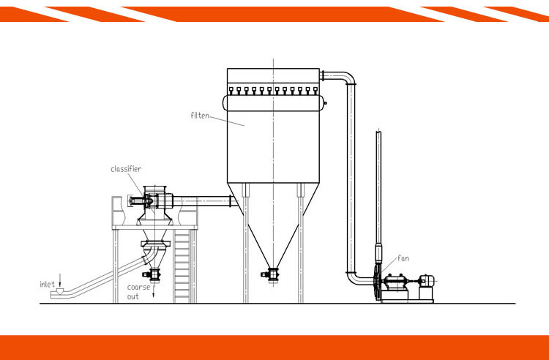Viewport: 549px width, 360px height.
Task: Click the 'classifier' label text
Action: pyautogui.click(x=126, y=169)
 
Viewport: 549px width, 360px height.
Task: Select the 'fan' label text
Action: pyautogui.click(x=403, y=258)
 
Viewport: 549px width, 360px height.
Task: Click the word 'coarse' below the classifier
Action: pyautogui.click(x=138, y=288)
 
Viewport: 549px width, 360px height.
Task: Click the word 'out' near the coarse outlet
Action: pyautogui.click(x=132, y=296)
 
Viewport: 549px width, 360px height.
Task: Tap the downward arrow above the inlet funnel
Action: pyautogui.click(x=61, y=281)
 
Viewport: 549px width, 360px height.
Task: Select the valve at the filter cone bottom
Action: pyautogui.click(x=272, y=274)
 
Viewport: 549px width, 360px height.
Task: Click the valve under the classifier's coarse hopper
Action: pyautogui.click(x=154, y=274)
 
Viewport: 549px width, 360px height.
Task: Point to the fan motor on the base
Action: pyautogui.click(x=425, y=280)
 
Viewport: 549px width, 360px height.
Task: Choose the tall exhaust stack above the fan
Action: pyautogui.click(x=378, y=190)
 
